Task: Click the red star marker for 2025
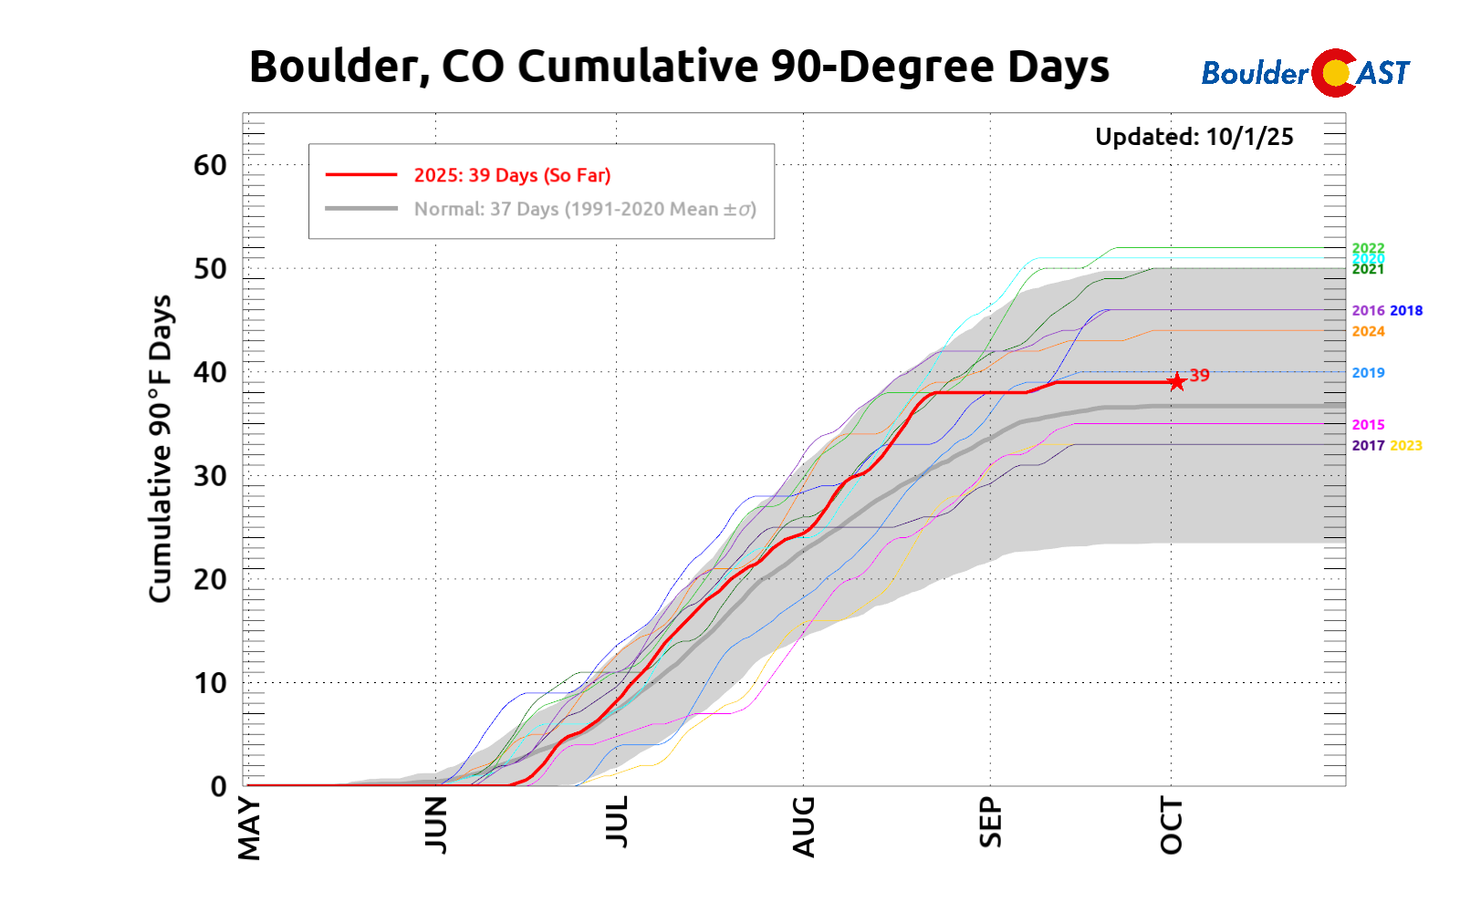click(x=1177, y=381)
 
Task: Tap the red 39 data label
click(x=1200, y=375)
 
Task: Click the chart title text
click(x=679, y=67)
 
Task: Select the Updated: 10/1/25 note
click(x=1194, y=137)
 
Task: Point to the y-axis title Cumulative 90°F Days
click(x=161, y=448)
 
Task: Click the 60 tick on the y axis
click(x=210, y=165)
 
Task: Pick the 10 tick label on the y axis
click(x=210, y=682)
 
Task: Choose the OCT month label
click(x=1172, y=825)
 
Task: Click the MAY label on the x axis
click(x=249, y=828)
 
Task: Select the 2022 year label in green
click(x=1368, y=248)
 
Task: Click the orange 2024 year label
click(x=1368, y=331)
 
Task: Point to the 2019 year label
click(x=1368, y=372)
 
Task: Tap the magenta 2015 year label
click(x=1368, y=424)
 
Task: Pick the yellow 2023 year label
click(x=1405, y=445)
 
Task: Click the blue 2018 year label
click(x=1405, y=310)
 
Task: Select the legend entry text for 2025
click(x=512, y=175)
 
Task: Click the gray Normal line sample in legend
click(x=361, y=209)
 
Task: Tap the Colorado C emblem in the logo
click(x=1334, y=73)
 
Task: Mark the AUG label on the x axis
click(x=804, y=826)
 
